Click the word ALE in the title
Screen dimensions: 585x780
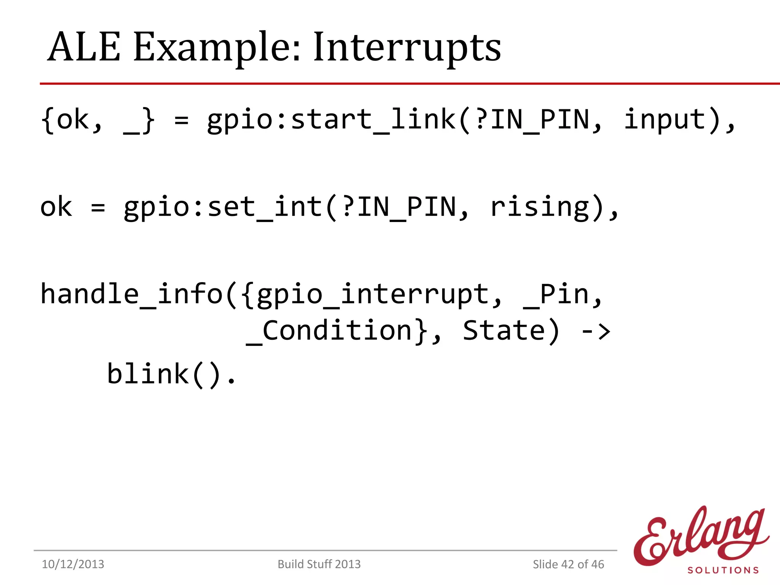click(84, 47)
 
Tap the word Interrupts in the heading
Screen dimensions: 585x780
click(407, 47)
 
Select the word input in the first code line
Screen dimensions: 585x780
click(665, 120)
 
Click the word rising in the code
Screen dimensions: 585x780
click(540, 207)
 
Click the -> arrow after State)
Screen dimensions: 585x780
click(596, 331)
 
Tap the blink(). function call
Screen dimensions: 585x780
click(171, 374)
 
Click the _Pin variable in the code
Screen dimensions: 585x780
click(556, 295)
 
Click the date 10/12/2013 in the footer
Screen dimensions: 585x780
click(73, 564)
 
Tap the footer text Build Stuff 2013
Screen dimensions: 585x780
click(319, 564)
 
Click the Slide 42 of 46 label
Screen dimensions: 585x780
click(568, 564)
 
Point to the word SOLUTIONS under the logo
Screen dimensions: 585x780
click(723, 570)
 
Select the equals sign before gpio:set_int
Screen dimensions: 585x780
click(98, 208)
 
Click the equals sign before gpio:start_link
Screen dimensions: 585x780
click(181, 120)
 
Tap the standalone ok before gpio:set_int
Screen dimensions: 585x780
click(56, 207)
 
